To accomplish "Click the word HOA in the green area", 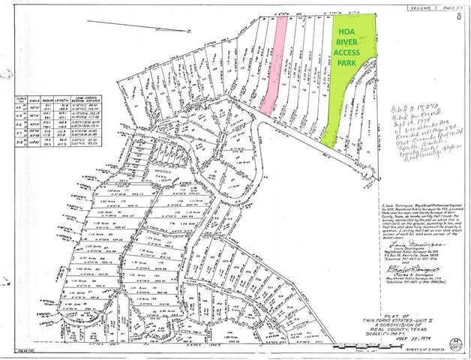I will click(x=346, y=32).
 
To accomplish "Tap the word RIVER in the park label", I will click(x=346, y=43).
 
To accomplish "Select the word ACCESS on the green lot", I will click(x=346, y=53).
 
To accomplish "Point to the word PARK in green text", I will click(x=346, y=64).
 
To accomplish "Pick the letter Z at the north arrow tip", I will click(x=190, y=29).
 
